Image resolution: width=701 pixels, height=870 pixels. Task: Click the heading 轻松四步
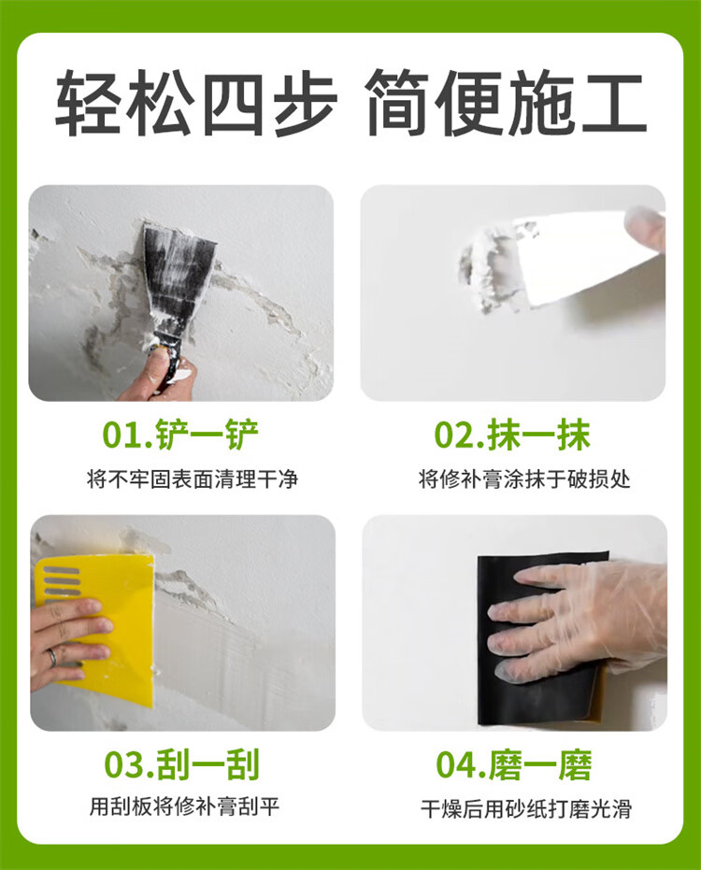196,103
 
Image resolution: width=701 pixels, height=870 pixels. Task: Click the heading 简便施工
506,103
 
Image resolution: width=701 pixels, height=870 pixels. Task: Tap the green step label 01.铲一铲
181,435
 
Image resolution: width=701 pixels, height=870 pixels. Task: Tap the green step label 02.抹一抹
512,435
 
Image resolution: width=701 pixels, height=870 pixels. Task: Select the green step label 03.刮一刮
181,764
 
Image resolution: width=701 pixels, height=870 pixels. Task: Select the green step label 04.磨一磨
513,764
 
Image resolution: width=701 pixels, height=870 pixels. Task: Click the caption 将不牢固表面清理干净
193,478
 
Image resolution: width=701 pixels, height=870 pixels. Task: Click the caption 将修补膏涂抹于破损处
524,478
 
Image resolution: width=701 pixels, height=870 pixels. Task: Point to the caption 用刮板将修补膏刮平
184,806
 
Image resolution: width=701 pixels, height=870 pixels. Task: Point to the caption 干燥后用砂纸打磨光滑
526,809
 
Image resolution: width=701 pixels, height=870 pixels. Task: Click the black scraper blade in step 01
178,278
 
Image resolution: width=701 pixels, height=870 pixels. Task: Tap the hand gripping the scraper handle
160,378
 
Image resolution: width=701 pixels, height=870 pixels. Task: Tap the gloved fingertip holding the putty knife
646,229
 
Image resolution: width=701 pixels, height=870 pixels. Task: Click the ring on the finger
51,658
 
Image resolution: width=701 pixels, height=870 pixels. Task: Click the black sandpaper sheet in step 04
541,638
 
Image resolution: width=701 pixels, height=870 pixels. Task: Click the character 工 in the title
613,103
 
